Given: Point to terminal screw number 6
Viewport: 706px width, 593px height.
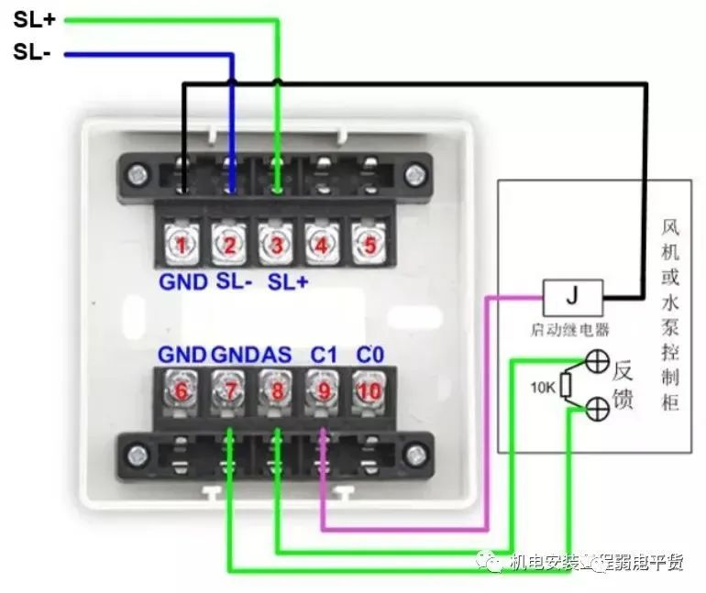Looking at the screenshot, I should (182, 390).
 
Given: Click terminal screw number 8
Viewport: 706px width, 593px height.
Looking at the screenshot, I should (275, 390).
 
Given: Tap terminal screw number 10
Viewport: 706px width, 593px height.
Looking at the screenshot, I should (369, 390).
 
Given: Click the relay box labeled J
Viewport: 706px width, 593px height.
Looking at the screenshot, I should (572, 297).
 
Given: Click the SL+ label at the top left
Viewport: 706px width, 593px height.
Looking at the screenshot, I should (35, 19).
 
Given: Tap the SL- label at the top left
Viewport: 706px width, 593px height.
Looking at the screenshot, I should (33, 52).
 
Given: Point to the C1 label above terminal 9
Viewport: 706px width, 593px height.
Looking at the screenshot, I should (323, 355).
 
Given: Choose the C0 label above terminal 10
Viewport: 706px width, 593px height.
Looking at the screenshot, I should (370, 355).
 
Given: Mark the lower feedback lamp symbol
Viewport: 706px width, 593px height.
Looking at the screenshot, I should (597, 409).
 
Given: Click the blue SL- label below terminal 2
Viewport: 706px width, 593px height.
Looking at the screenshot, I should (235, 281).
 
